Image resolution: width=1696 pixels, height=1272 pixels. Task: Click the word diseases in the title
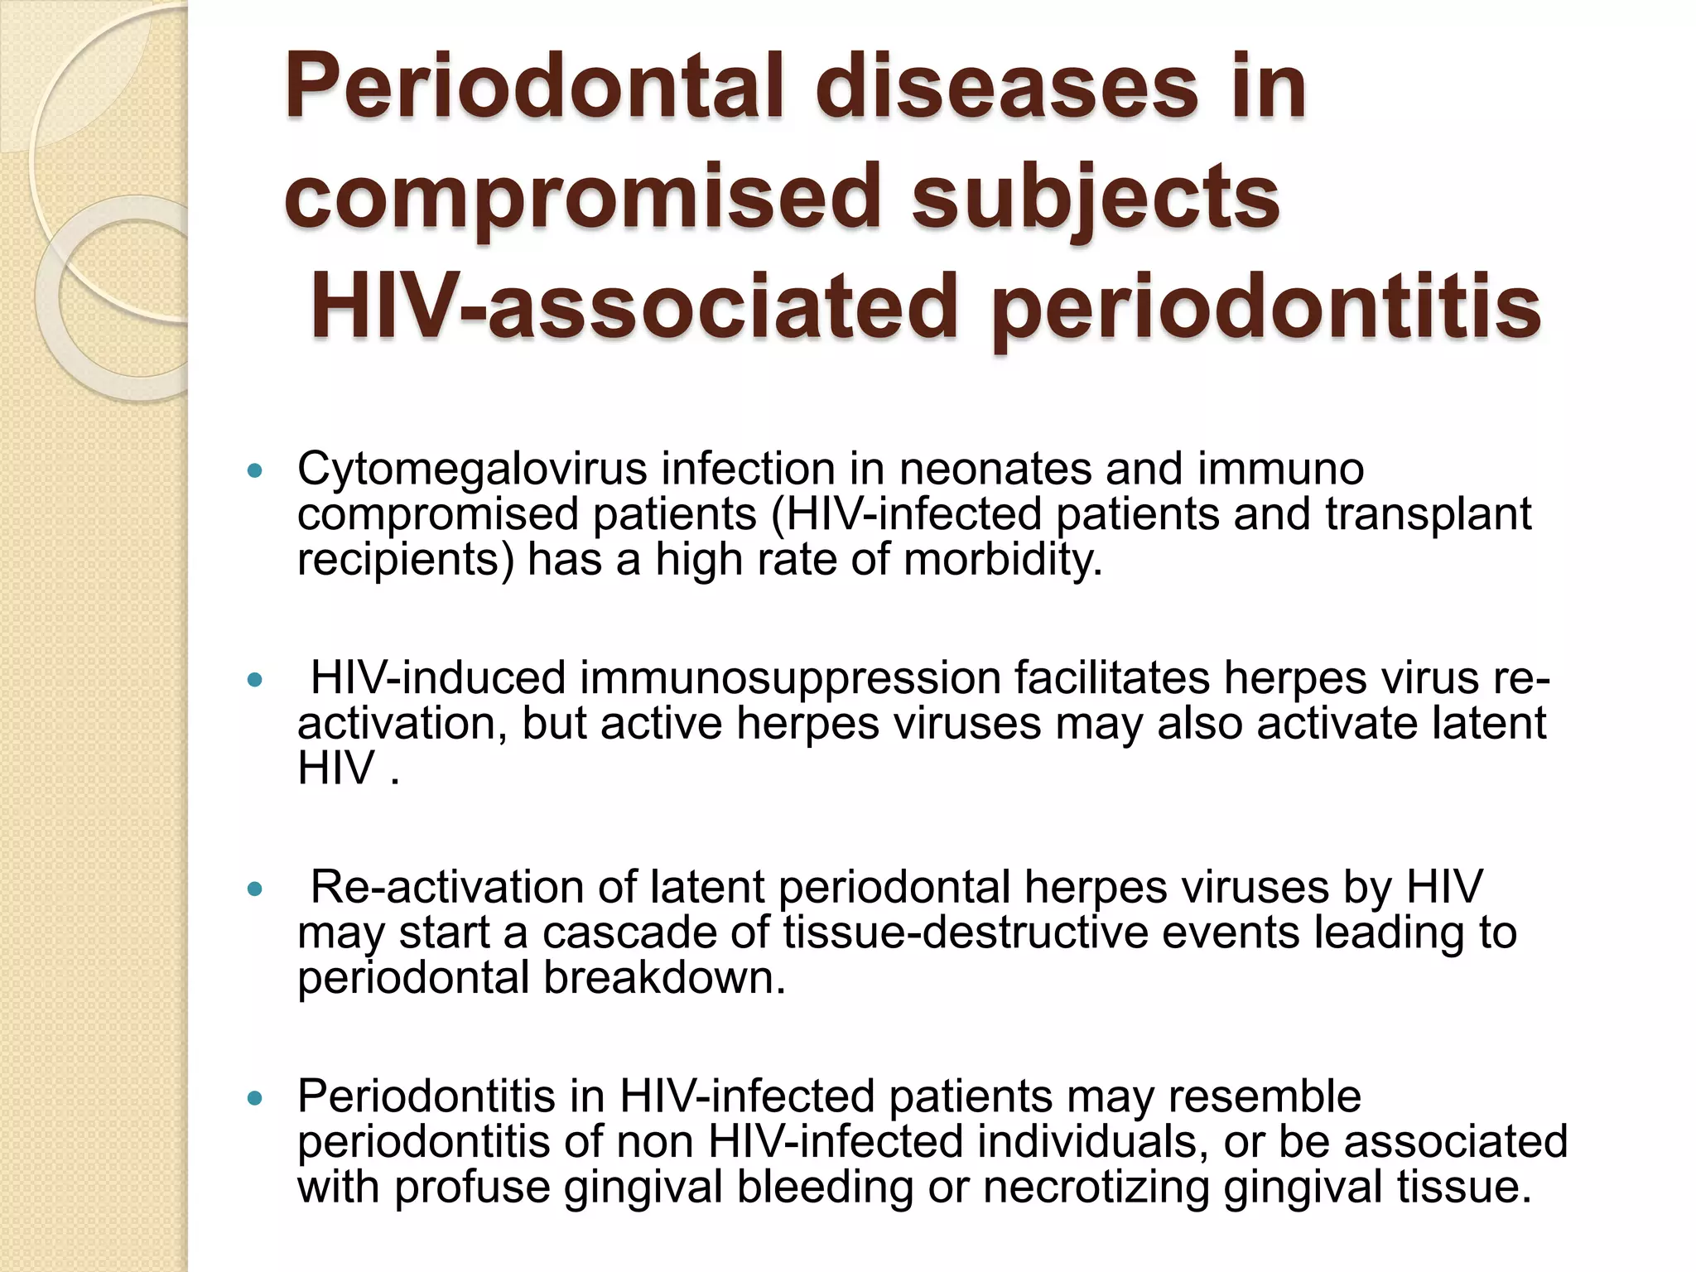[x=1010, y=86]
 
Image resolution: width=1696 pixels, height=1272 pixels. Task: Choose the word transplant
[x=1428, y=514]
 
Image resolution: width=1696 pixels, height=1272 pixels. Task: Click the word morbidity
[x=1003, y=560]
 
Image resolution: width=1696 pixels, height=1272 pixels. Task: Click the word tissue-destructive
[x=966, y=932]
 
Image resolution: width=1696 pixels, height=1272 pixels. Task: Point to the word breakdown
[x=664, y=978]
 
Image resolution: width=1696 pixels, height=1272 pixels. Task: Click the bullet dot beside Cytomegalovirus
[x=255, y=471]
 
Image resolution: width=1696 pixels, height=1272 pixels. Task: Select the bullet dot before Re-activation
[x=255, y=889]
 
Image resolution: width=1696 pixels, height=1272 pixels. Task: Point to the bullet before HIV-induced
[x=255, y=681]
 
